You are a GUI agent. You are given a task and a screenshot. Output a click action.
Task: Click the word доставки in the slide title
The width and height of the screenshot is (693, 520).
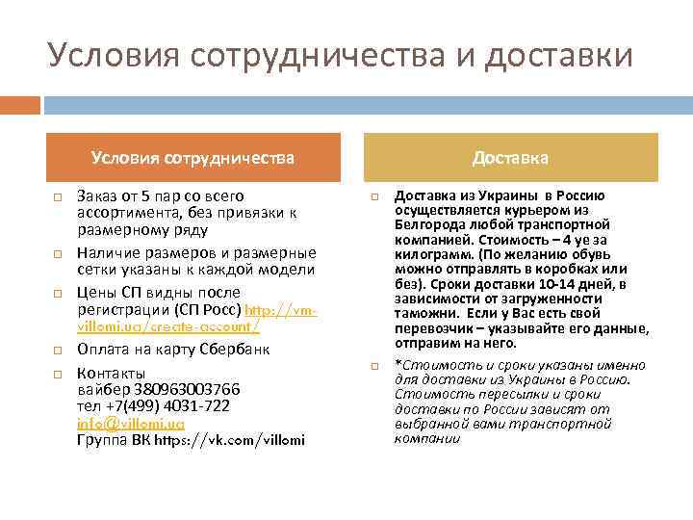pyautogui.click(x=558, y=56)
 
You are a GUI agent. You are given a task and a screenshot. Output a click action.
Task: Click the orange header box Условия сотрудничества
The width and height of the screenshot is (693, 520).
pyautogui.click(x=192, y=157)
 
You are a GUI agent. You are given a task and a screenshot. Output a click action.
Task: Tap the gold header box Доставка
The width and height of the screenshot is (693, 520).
pyautogui.click(x=510, y=157)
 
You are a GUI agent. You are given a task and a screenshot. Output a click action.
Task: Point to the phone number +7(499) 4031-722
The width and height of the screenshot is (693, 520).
pyautogui.click(x=168, y=406)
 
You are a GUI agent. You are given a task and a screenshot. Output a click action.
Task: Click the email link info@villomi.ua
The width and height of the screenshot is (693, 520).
pyautogui.click(x=130, y=424)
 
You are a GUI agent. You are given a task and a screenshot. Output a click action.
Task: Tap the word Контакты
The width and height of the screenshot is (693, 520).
pyautogui.click(x=111, y=374)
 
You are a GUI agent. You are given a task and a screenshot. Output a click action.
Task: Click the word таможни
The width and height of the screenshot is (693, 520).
pyautogui.click(x=426, y=313)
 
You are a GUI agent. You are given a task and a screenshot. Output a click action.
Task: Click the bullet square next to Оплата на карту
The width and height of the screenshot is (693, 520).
pyautogui.click(x=57, y=351)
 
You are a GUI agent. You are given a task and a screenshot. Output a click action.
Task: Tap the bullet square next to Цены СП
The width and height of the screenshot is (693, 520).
pyautogui.click(x=57, y=293)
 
